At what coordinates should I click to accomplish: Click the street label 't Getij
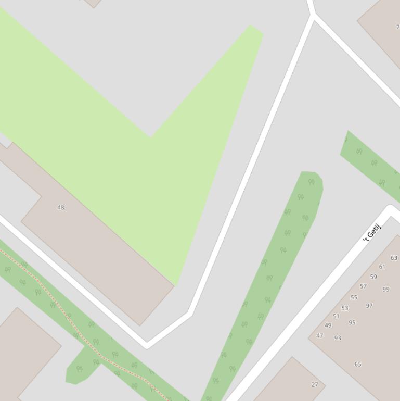(x=372, y=232)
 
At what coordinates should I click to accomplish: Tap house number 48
(x=61, y=207)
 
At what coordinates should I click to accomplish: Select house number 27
(x=315, y=385)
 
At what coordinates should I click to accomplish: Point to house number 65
(x=358, y=364)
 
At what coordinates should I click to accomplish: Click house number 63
(x=394, y=258)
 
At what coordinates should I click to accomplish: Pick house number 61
(x=382, y=267)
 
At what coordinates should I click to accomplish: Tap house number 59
(x=373, y=277)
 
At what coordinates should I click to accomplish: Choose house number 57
(x=363, y=286)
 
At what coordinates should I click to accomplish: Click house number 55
(x=354, y=297)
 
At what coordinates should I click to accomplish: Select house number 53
(x=344, y=308)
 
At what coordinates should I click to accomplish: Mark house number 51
(x=336, y=316)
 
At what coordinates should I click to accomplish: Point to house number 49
(x=328, y=325)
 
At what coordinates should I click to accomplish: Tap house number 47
(x=319, y=335)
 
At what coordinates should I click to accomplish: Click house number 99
(x=386, y=289)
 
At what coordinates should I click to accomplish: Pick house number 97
(x=369, y=306)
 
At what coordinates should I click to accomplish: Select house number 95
(x=352, y=322)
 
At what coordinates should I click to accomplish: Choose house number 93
(x=338, y=338)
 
